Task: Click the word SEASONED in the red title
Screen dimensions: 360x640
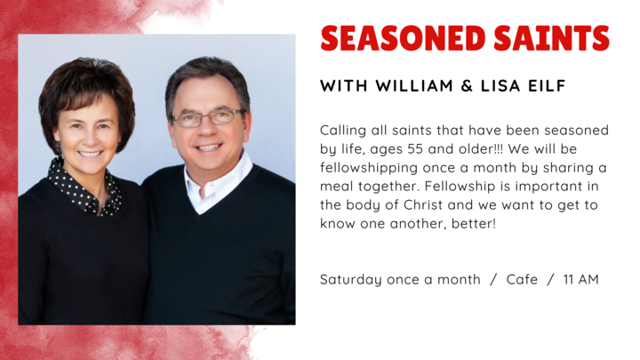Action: [x=400, y=38]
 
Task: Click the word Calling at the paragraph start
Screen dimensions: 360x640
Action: [x=342, y=131]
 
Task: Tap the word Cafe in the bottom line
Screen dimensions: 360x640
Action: [x=522, y=279]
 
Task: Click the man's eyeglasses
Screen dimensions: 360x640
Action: [x=208, y=117]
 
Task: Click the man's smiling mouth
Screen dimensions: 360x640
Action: [x=209, y=148]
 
